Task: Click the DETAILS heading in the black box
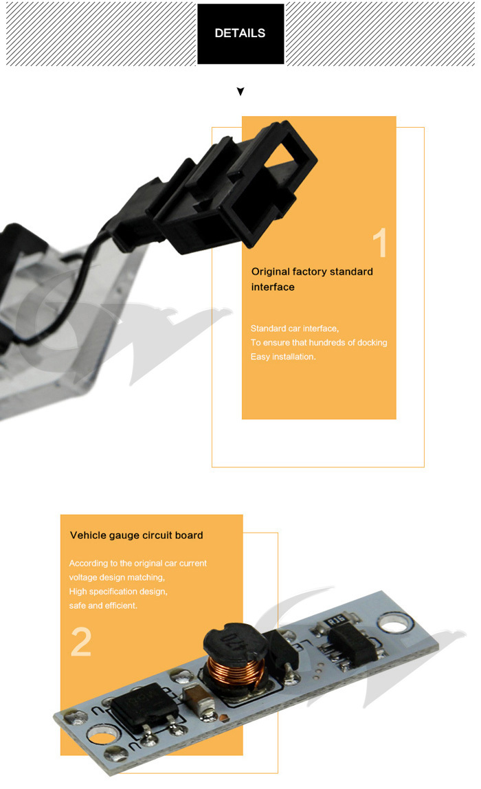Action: [x=240, y=33]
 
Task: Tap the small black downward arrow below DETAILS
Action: [x=240, y=91]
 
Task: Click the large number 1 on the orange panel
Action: [x=379, y=244]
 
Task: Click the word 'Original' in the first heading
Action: [x=273, y=271]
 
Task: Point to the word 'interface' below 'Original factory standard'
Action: [x=273, y=287]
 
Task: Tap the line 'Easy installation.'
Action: [x=283, y=357]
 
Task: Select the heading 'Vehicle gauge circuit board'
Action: [x=136, y=535]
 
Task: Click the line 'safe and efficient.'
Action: [x=103, y=605]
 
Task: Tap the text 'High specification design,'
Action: [x=118, y=591]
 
